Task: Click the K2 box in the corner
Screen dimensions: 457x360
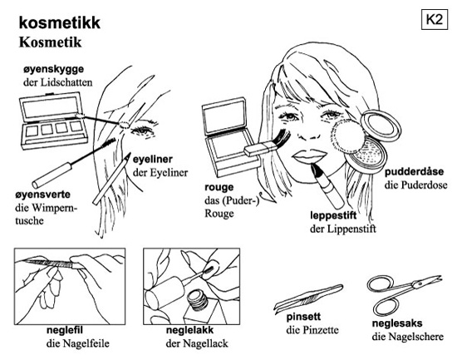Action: (434, 20)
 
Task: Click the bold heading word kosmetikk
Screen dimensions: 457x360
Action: (60, 22)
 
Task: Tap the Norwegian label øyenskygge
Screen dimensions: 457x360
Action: (54, 70)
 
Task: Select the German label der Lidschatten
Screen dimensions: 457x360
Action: (57, 82)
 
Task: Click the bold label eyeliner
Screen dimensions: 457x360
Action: (153, 160)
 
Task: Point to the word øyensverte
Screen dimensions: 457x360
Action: (42, 195)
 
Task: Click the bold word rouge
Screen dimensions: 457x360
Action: (219, 188)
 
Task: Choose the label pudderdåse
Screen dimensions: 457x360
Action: (414, 171)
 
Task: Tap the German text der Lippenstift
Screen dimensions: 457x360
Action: (342, 229)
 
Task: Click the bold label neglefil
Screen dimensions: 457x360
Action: (65, 330)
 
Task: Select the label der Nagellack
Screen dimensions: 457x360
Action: (197, 343)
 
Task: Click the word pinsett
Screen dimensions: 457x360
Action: (303, 317)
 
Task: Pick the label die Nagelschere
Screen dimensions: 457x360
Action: (407, 337)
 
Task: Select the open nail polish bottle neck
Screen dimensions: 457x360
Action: (196, 300)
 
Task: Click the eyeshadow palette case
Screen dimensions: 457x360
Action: (53, 121)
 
